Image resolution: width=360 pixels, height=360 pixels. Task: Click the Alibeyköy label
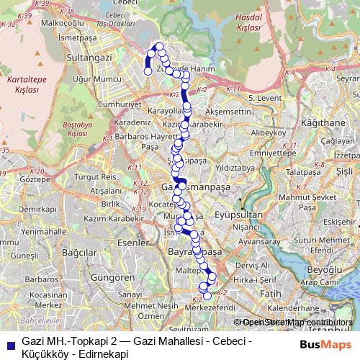click(271, 133)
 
